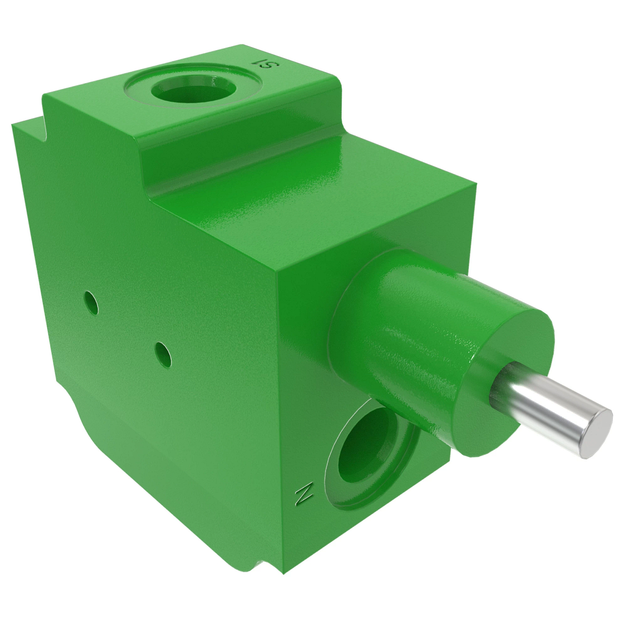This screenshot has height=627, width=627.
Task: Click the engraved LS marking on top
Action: [x=266, y=64]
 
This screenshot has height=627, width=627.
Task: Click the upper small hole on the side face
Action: [x=91, y=303]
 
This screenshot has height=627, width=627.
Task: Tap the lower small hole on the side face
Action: [x=164, y=353]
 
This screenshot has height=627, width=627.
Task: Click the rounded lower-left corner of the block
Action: [x=78, y=418]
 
